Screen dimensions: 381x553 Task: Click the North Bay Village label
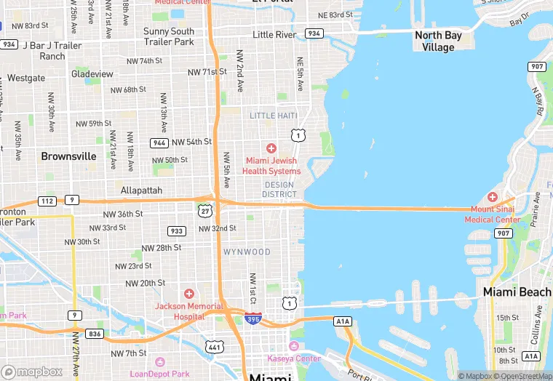[x=438, y=41]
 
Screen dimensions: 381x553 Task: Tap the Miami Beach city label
[x=517, y=292]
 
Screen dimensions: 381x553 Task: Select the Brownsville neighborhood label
[x=68, y=156]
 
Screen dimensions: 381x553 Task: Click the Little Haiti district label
[x=274, y=116]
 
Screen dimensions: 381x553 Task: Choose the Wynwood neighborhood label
[x=247, y=252]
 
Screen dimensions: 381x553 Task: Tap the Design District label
[x=279, y=190]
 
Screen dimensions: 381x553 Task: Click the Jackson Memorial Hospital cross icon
[x=189, y=294]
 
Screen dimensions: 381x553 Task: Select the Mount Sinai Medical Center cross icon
[x=493, y=197]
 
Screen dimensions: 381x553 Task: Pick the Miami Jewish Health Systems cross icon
[x=271, y=148]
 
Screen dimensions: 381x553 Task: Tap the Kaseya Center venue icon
[x=294, y=345]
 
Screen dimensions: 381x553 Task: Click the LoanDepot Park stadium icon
[x=161, y=361]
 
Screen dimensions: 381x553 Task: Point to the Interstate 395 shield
[x=252, y=319]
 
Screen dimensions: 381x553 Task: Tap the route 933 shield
[x=176, y=231]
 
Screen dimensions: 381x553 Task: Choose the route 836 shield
[x=93, y=334]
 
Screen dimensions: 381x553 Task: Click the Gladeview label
[x=92, y=74]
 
